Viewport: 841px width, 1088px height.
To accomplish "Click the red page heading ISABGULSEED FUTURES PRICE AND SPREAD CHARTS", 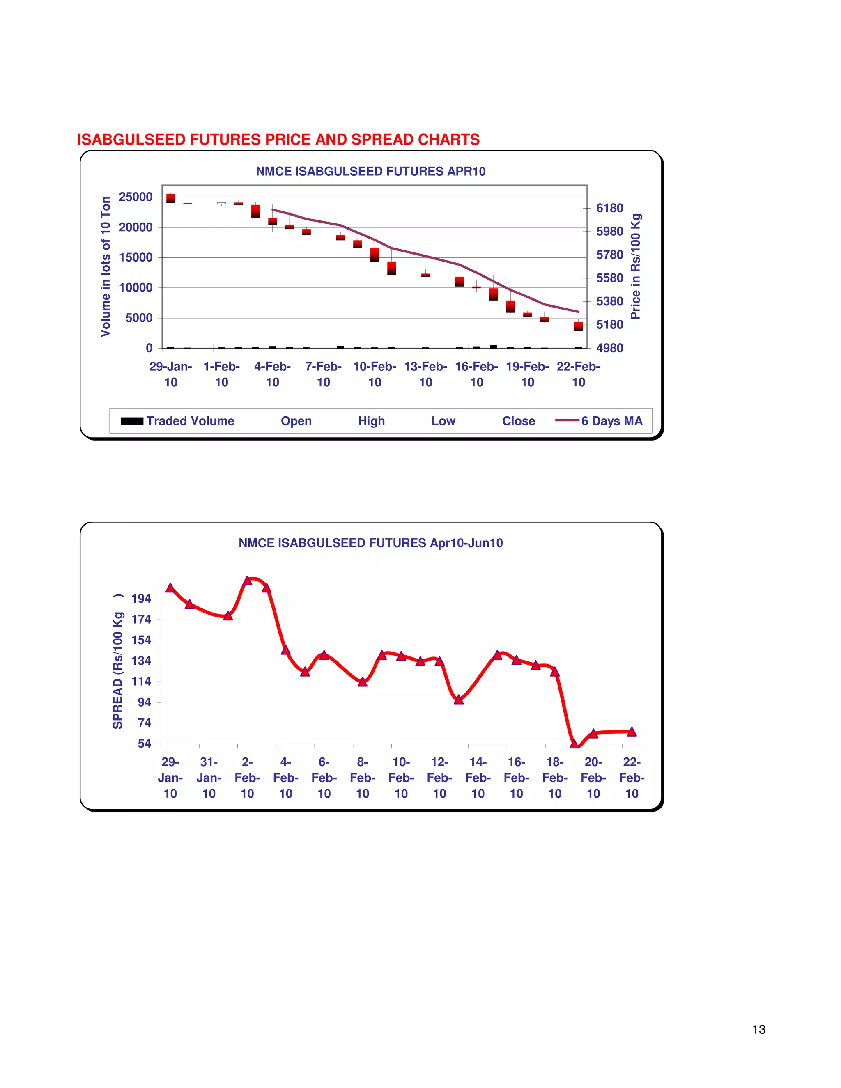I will click(278, 140).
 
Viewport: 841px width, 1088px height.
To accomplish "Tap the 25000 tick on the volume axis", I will click(136, 197).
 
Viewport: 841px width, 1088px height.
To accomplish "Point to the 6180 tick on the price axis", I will click(609, 208).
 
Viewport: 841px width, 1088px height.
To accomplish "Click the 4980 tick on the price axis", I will click(609, 348).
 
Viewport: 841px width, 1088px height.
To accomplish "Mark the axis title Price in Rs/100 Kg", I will click(635, 266).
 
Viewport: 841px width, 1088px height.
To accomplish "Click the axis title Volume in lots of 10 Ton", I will click(106, 266).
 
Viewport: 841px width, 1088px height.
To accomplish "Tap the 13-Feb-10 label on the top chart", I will click(425, 374).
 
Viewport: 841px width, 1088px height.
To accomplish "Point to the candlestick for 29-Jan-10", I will click(170, 198).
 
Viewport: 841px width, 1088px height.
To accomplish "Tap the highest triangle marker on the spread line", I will click(248, 581).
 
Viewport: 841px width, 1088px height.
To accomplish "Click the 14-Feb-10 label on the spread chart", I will click(478, 778).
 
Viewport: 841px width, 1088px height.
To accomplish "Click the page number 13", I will click(759, 1029).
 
